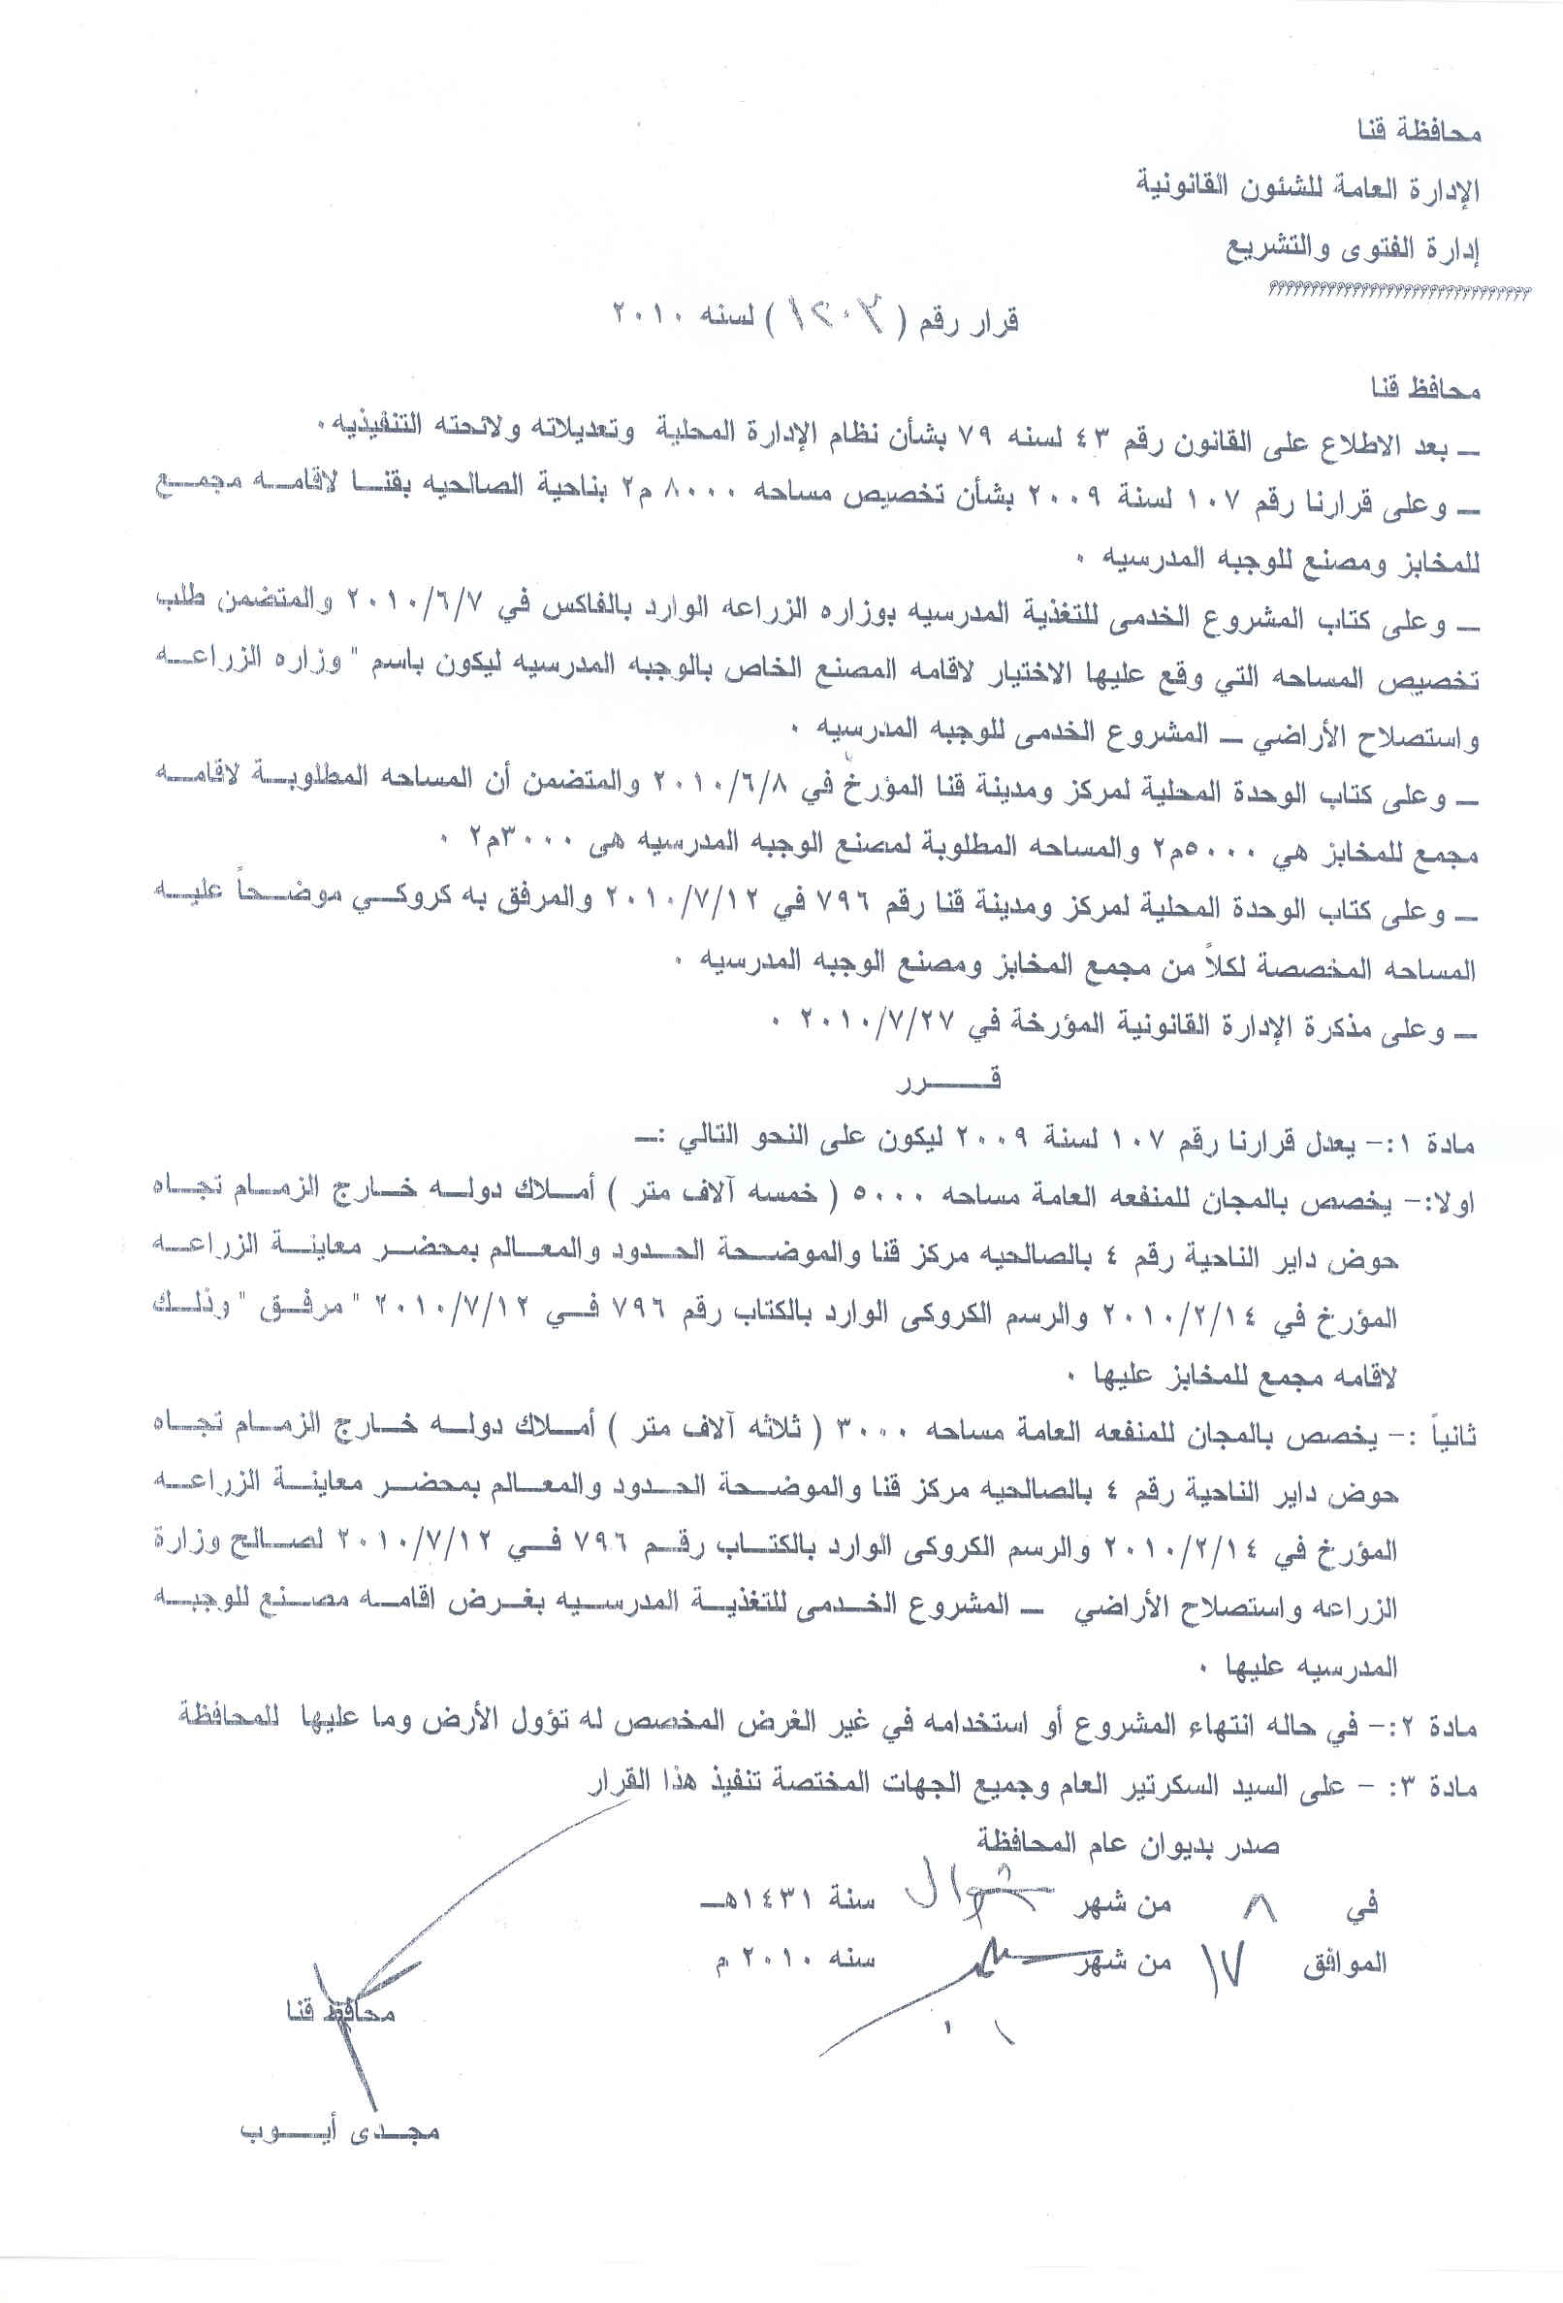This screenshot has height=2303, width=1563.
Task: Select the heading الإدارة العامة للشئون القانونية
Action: [x=1307, y=188]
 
